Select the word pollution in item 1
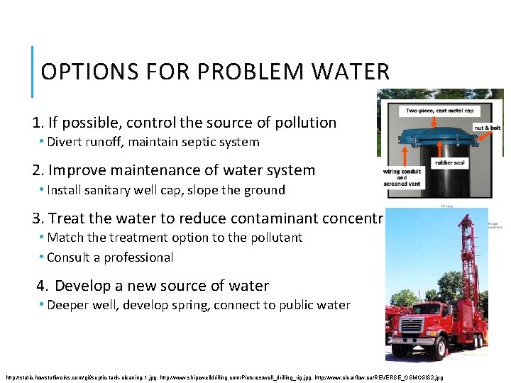(300, 123)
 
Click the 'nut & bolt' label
(487, 128)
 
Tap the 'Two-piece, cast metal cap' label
(440, 111)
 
